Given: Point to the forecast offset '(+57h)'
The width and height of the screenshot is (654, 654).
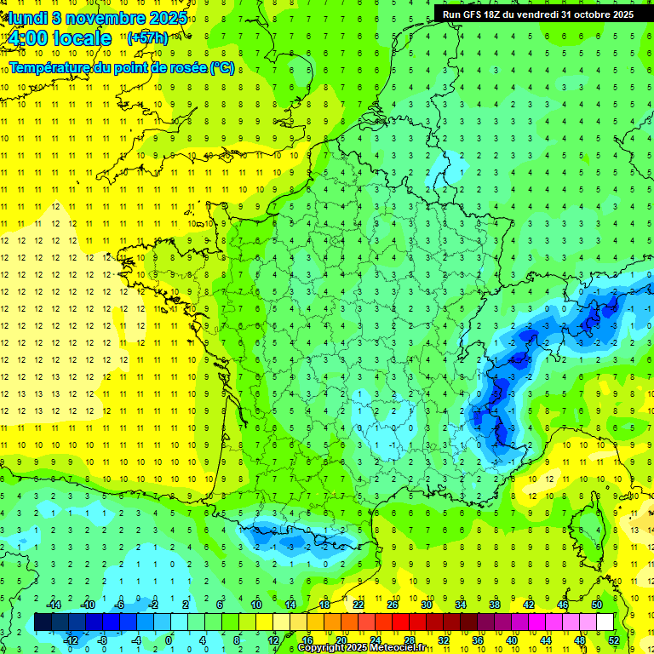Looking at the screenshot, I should [147, 38].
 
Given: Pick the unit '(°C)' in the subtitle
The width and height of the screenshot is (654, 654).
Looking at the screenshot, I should [222, 68].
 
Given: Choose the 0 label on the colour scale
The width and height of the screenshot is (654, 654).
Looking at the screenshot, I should [169, 640].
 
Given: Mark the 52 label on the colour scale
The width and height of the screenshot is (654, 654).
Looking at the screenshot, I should [614, 640].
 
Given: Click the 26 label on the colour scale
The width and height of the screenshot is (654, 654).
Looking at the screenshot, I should [393, 605].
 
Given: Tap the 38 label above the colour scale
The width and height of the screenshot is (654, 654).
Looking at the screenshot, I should [495, 605].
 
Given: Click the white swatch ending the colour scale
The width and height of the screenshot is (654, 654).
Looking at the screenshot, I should [605, 622].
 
